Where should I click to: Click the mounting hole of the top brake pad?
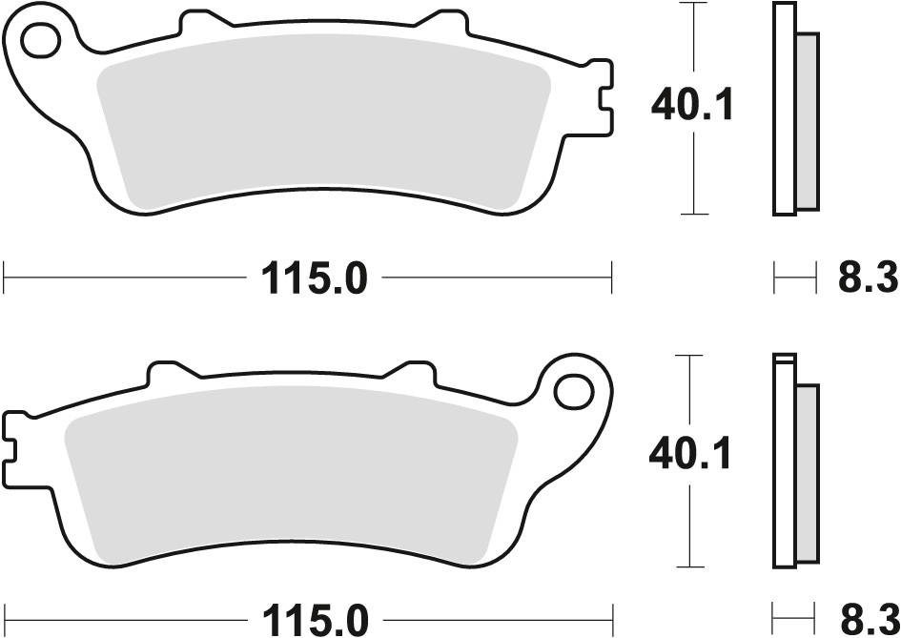[x=40, y=40]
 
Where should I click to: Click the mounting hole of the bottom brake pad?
[x=573, y=391]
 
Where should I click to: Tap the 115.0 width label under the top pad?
[x=314, y=278]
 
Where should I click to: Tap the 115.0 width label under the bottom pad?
[x=314, y=620]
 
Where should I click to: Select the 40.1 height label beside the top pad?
[x=692, y=105]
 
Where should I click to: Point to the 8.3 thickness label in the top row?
[x=867, y=278]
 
